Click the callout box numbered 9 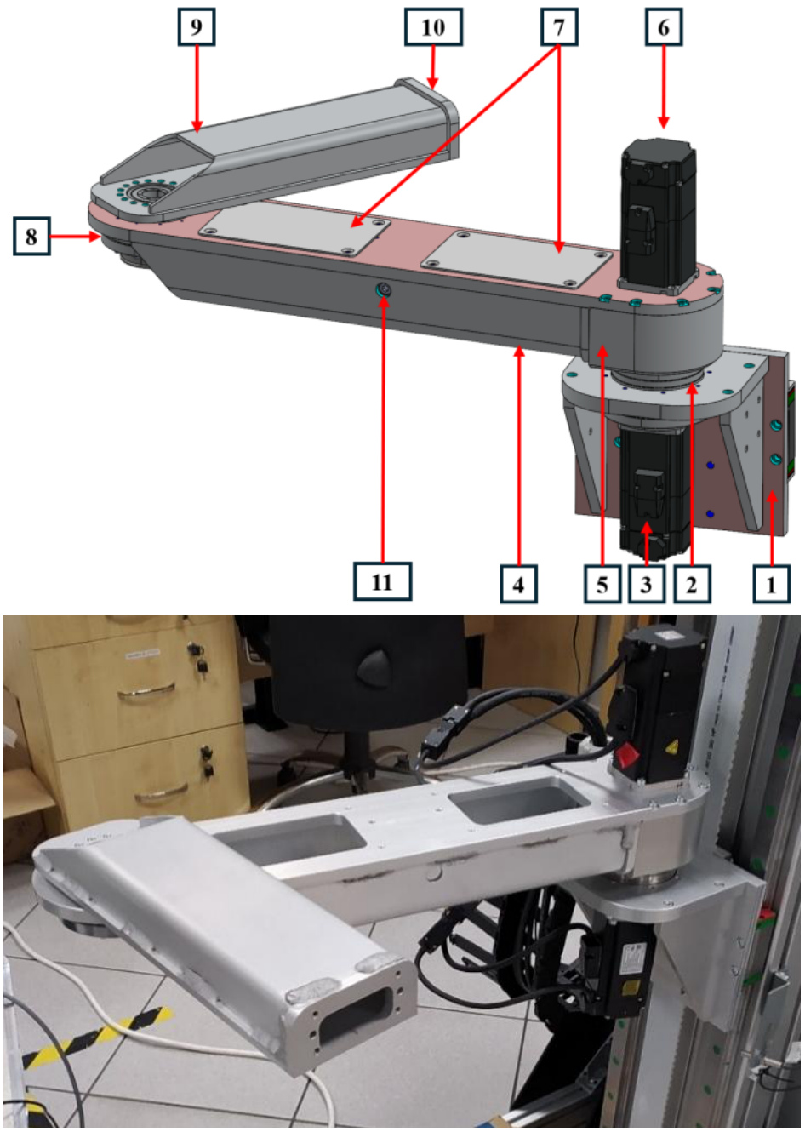pyautogui.click(x=196, y=27)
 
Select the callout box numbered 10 pyautogui.click(x=433, y=27)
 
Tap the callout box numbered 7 pyautogui.click(x=558, y=27)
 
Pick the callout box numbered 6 pyautogui.click(x=664, y=27)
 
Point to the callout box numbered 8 pyautogui.click(x=31, y=236)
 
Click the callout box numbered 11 pyautogui.click(x=383, y=581)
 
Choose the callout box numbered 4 pyautogui.click(x=518, y=584)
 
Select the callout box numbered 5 pyautogui.click(x=602, y=584)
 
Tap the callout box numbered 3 pyautogui.click(x=647, y=584)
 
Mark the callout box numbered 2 pyautogui.click(x=693, y=584)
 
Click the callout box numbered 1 pyautogui.click(x=771, y=584)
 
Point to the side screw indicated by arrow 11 pyautogui.click(x=384, y=290)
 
